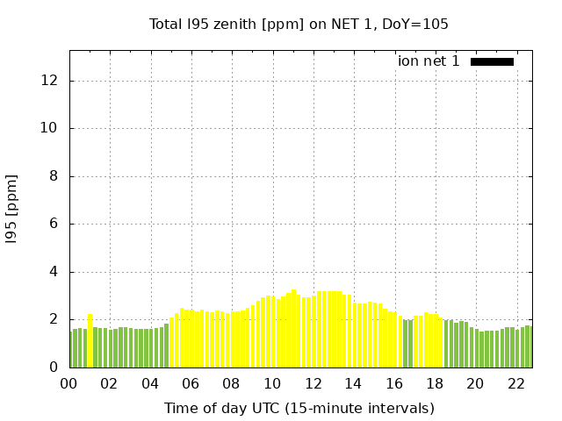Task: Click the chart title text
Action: coord(299,25)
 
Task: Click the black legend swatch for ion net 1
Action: coord(492,61)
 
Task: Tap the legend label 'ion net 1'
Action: coord(429,61)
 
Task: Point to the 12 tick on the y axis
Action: coord(49,81)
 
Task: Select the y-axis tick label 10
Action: coord(49,128)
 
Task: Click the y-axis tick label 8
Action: coord(54,176)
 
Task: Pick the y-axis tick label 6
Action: coord(54,224)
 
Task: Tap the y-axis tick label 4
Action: coord(54,272)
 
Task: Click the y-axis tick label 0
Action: coord(54,367)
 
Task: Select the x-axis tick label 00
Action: coord(68,383)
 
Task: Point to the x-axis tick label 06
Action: coord(191,383)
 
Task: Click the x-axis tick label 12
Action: coord(313,383)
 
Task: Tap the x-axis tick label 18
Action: coord(434,383)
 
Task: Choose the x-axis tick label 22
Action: coord(515,383)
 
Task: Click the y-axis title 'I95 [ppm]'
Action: coord(12,209)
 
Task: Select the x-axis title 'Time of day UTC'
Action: coord(299,408)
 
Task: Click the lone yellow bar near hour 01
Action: coord(90,341)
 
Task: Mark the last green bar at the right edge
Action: coord(529,347)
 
